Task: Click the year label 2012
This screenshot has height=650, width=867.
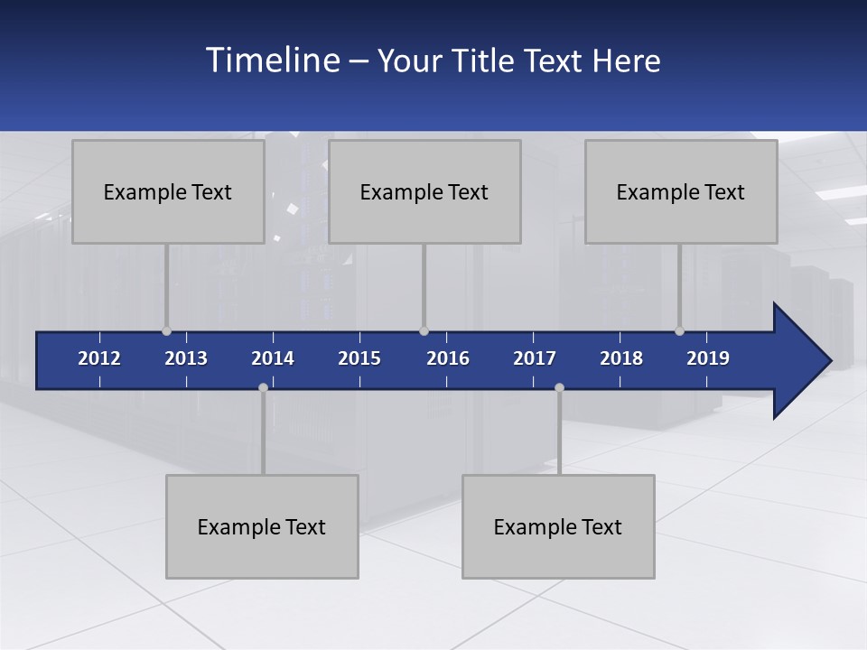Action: coord(99,358)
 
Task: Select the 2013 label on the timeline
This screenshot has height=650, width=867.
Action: coord(186,358)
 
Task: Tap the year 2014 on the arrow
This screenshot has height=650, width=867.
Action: coord(273,358)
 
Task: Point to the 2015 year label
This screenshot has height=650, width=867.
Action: coord(359,358)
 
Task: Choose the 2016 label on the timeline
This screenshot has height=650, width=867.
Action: coord(448,358)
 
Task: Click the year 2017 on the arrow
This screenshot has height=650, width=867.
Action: coord(535,358)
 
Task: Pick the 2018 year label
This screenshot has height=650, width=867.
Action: coord(621,358)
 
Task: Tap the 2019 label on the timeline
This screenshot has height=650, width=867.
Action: coord(708,358)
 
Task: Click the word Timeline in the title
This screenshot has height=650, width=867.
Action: coord(271,60)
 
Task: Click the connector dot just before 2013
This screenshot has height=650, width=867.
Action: coord(166,330)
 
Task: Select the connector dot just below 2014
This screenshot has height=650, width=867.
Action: coord(263,387)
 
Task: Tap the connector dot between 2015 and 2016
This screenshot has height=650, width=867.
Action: coord(424,330)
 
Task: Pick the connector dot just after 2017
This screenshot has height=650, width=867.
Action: coord(559,387)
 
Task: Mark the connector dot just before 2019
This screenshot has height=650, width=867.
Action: coord(679,330)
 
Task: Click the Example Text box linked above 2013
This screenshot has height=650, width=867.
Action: coord(168,191)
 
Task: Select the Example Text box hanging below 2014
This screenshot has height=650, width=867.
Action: coord(262,526)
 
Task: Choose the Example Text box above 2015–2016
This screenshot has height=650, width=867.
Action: coord(424,191)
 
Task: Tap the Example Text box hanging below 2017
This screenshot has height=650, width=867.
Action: coord(558,526)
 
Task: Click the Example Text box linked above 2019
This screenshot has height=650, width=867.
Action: coord(681,191)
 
